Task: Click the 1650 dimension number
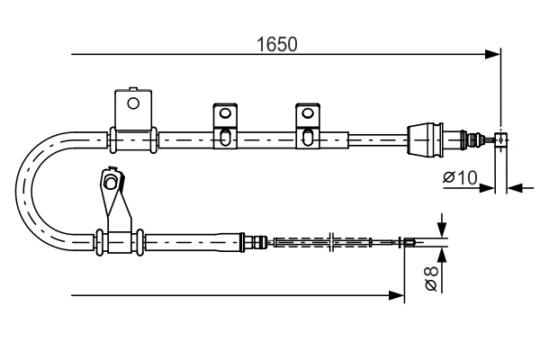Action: pos(277,45)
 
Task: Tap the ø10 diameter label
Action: pos(460,178)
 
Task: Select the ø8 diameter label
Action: pos(431,278)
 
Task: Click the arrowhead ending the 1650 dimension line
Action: pos(492,54)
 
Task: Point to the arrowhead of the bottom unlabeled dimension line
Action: pos(396,295)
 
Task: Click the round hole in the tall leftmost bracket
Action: pos(133,103)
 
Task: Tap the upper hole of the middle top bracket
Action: pos(225,112)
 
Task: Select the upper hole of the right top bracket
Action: pos(308,112)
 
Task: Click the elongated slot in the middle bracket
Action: pos(225,137)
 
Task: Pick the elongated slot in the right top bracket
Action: pos(308,137)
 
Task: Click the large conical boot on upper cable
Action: pos(426,139)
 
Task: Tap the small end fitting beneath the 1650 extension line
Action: pos(501,139)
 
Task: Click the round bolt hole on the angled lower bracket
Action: pos(110,182)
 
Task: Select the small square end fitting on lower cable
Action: pos(409,242)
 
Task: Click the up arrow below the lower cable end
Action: pos(442,256)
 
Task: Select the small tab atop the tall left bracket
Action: pos(133,88)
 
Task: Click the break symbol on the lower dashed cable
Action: pos(331,242)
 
